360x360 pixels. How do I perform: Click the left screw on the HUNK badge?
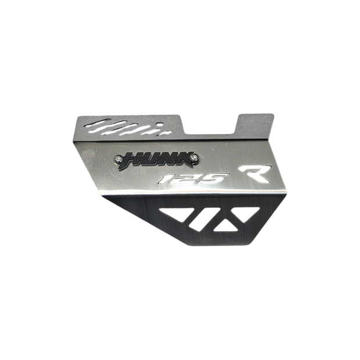[x=118, y=159]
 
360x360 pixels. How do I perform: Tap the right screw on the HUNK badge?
[x=195, y=157]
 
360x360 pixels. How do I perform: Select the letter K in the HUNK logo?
[x=183, y=158]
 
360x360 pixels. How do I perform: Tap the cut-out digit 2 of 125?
[x=185, y=178]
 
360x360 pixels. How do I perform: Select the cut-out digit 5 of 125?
[x=213, y=178]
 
